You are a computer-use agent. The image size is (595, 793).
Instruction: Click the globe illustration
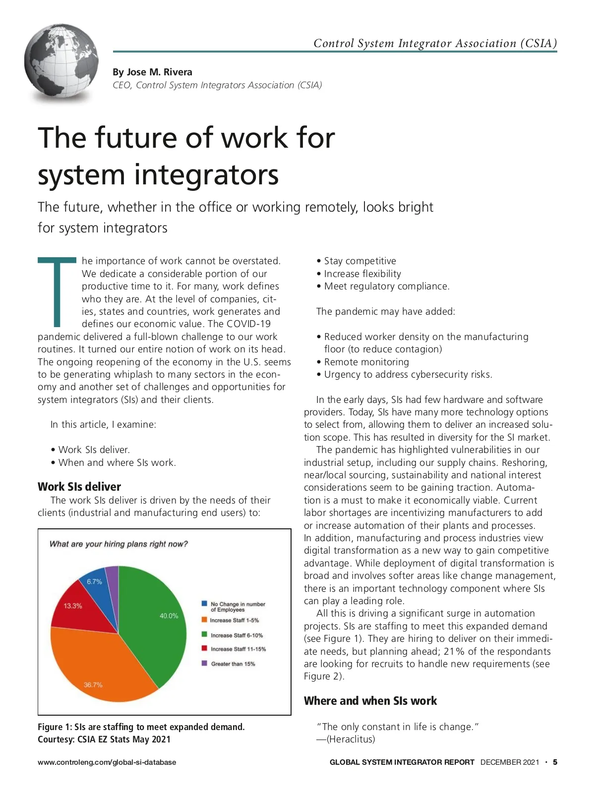point(61,62)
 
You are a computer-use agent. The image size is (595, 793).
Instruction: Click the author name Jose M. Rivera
point(152,72)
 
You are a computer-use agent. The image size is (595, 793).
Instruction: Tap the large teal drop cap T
point(58,292)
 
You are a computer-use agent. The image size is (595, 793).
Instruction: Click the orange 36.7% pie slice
point(99,664)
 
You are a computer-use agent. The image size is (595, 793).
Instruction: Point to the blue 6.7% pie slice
point(95,585)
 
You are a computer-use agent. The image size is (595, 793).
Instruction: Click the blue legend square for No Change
point(204,604)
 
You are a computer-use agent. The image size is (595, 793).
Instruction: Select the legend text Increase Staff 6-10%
point(237,635)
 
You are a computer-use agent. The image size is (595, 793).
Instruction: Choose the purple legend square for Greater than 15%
point(204,663)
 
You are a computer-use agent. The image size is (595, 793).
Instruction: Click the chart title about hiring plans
point(119,544)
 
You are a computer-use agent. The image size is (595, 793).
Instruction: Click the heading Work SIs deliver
point(79,487)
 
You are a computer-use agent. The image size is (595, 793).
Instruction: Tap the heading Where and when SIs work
point(370,701)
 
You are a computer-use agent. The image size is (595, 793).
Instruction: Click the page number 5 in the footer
point(555,762)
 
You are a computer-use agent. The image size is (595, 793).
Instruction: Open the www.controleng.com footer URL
point(107,762)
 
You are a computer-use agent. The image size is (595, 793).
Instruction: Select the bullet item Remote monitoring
point(366,362)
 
